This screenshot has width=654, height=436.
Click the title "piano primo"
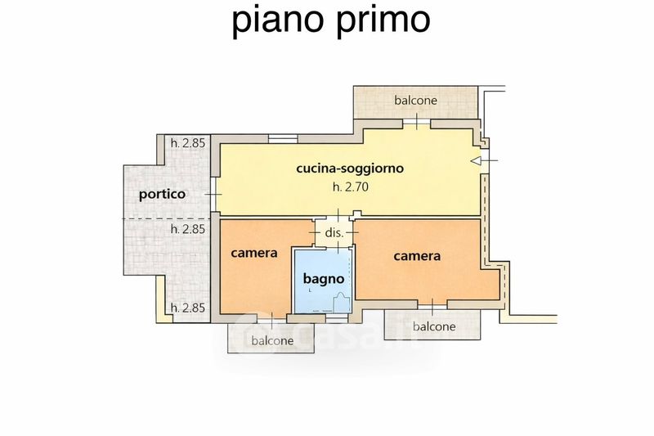point(331,20)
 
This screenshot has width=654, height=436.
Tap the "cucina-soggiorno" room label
point(350,169)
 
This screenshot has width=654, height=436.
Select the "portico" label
point(162,195)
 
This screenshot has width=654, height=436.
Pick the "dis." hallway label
point(334,231)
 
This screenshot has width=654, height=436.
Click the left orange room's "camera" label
point(254,253)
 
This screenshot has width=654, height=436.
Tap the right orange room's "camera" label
point(417,255)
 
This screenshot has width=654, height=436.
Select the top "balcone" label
point(416,100)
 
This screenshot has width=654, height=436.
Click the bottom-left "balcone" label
point(272,340)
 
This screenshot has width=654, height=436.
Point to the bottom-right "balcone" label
point(434,326)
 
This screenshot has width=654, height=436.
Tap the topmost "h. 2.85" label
point(187,143)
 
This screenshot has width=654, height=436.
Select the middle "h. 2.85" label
point(187,229)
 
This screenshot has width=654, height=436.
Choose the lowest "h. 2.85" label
point(187,308)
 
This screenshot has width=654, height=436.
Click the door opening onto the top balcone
point(416,123)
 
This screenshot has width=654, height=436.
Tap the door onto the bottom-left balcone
point(271,317)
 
